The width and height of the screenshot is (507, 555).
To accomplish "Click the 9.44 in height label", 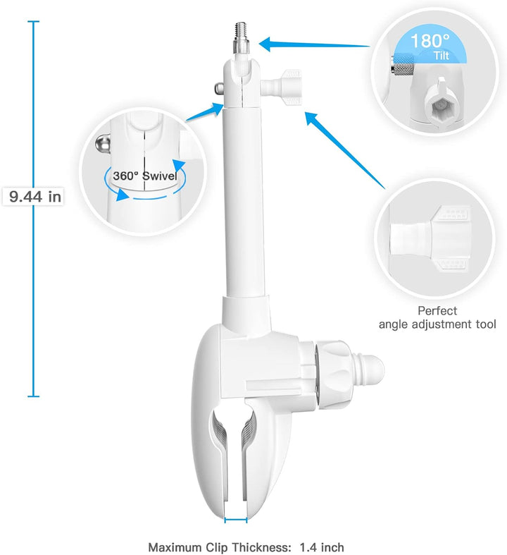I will [35, 197].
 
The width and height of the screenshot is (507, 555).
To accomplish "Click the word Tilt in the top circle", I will [442, 55].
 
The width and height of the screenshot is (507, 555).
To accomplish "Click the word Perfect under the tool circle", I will [437, 310].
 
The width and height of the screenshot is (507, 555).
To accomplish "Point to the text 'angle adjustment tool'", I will [437, 324].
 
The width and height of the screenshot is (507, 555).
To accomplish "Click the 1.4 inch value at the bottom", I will [323, 547].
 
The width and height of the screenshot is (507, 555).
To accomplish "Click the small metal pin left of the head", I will [216, 88].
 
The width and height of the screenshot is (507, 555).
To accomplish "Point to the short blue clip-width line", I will [236, 520].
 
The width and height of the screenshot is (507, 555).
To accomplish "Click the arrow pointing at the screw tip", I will [313, 44].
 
